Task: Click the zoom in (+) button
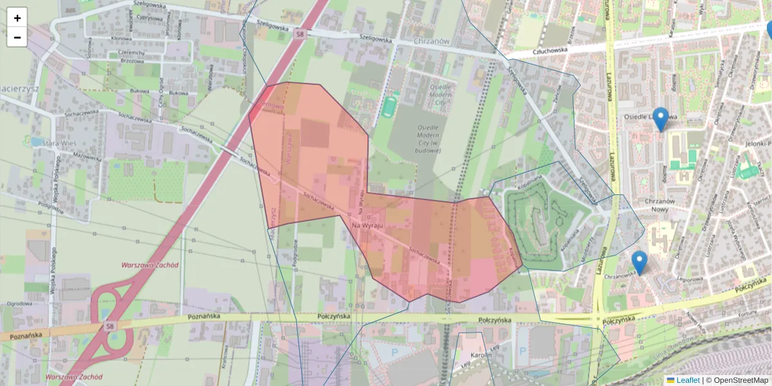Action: tap(17, 18)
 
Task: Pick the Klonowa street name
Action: tap(121, 39)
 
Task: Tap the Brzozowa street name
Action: tap(131, 61)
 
